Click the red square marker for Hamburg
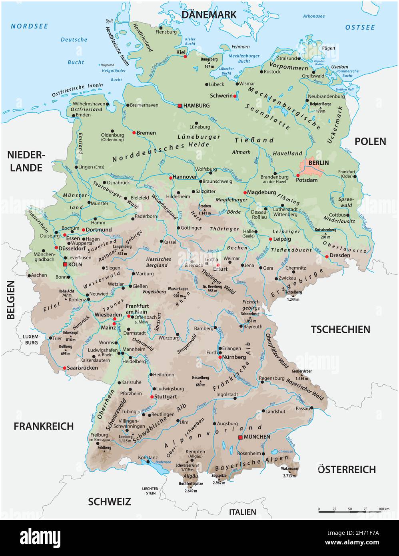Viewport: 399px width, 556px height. (x=180, y=106)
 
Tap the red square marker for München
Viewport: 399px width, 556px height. (x=240, y=438)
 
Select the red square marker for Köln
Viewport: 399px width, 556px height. (x=65, y=265)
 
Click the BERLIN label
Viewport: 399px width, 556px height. (x=318, y=162)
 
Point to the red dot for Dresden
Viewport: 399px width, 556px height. (x=327, y=256)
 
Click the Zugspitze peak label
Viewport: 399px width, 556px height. (x=219, y=476)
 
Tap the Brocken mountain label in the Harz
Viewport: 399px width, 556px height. (x=204, y=206)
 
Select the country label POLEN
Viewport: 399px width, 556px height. (x=370, y=141)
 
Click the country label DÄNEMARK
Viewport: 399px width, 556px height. (x=209, y=15)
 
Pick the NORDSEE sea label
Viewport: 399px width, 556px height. (x=29, y=26)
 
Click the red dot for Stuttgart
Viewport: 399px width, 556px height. (x=152, y=397)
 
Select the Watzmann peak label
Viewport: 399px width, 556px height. (x=289, y=468)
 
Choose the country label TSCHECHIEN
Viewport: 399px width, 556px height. (x=340, y=329)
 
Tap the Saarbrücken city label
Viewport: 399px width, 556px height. (x=82, y=368)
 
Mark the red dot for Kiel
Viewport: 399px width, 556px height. (x=185, y=57)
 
